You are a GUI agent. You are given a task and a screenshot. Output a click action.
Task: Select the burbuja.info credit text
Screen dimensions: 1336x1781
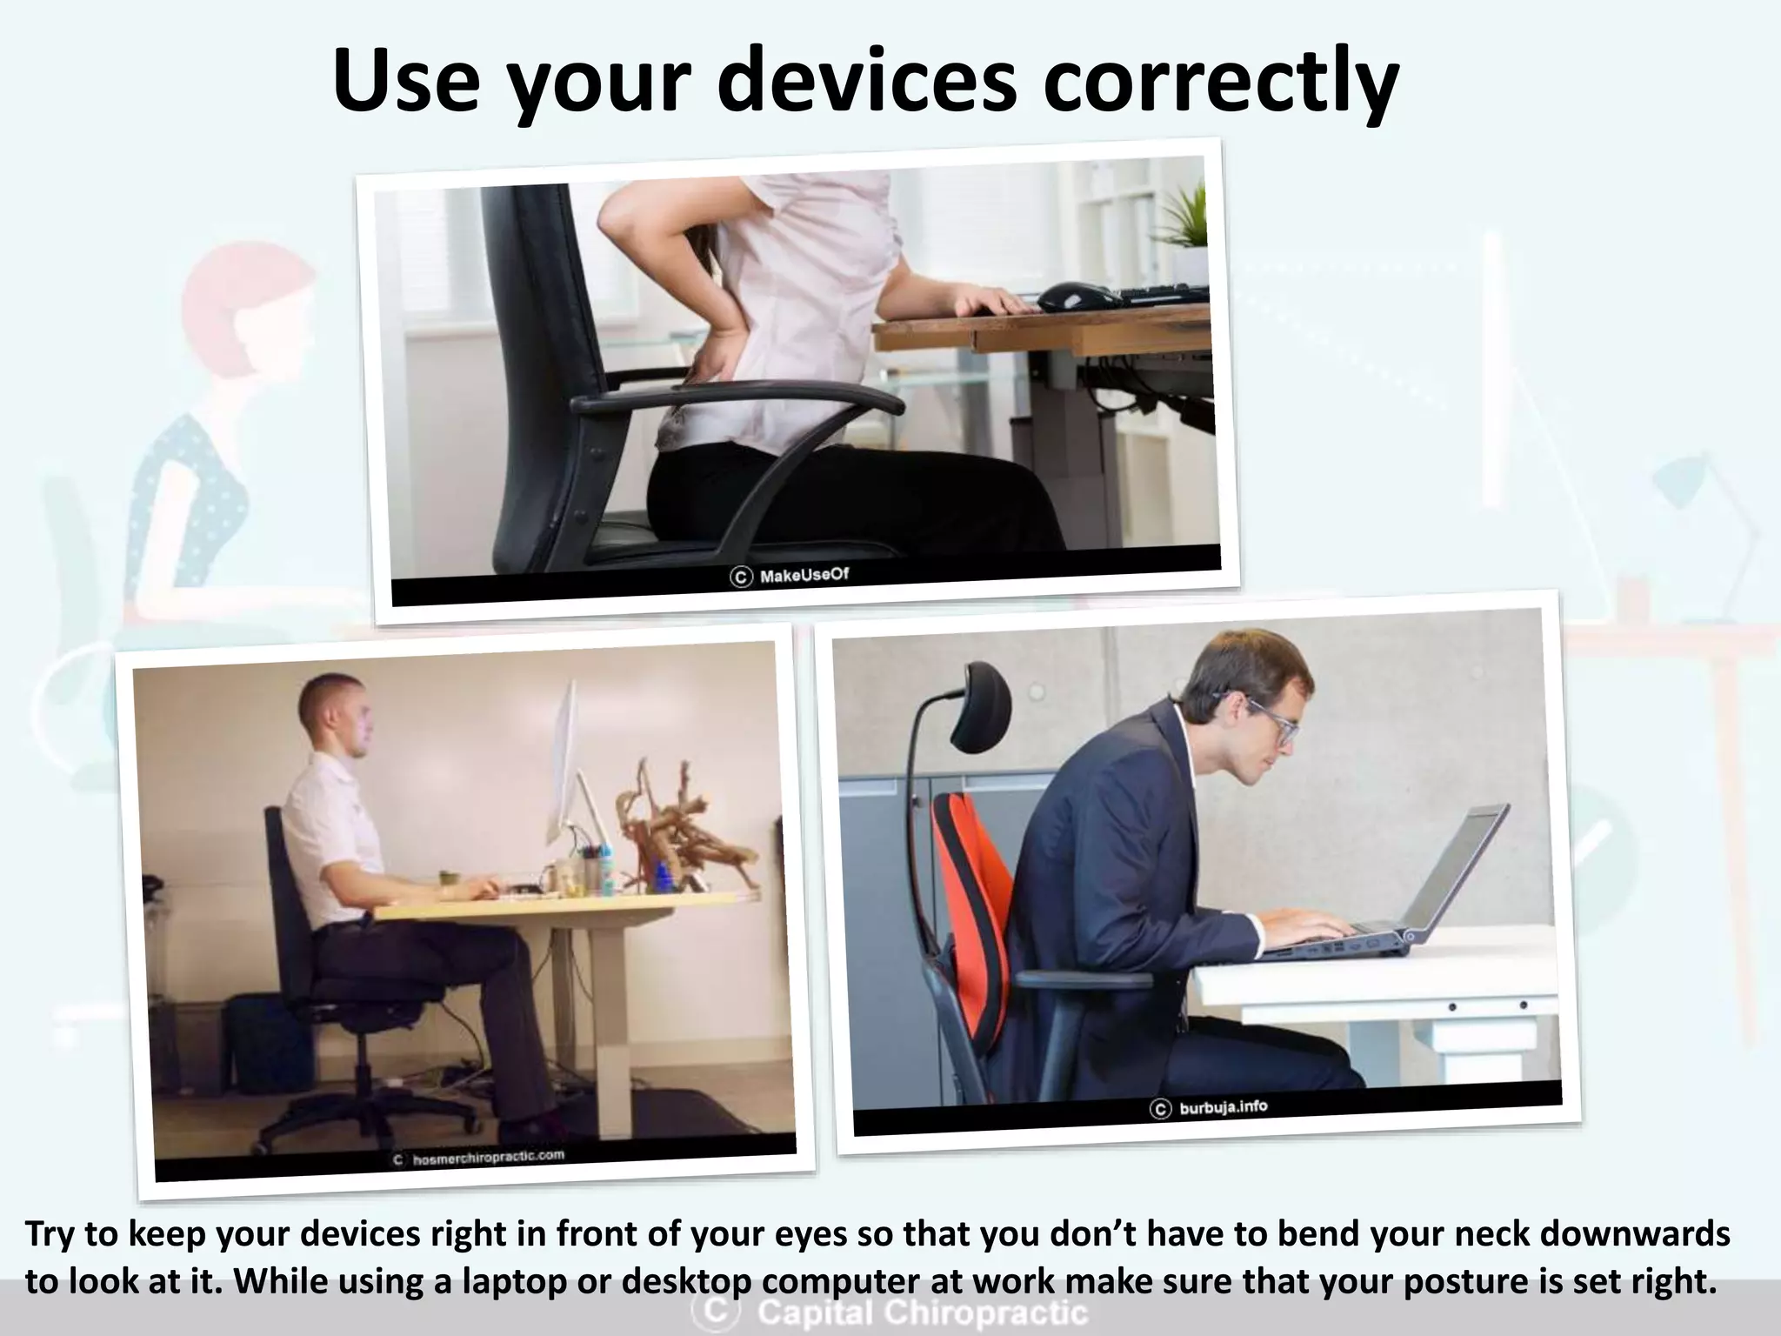1223,1108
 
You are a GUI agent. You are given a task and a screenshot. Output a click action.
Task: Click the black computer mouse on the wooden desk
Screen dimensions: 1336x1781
1079,297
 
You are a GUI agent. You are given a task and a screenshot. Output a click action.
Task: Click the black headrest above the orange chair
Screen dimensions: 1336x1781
979,706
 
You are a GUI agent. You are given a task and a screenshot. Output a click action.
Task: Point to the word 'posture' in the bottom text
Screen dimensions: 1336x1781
1384,1282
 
